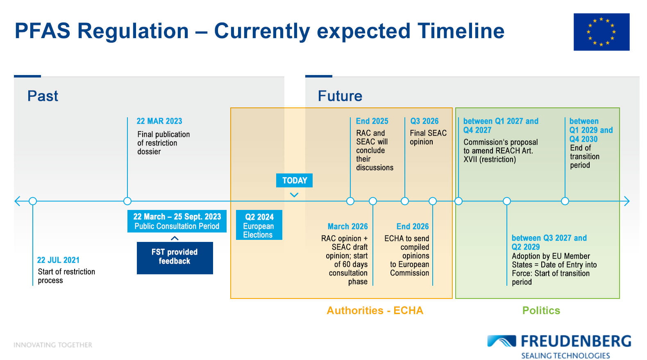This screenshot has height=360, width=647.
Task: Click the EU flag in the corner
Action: click(602, 32)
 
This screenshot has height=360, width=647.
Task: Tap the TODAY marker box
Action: click(294, 180)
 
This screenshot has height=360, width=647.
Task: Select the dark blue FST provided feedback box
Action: click(175, 258)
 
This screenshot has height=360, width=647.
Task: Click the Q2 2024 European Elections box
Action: click(259, 225)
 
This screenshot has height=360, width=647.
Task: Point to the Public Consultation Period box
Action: click(177, 221)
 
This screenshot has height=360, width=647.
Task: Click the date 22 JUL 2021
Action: click(58, 260)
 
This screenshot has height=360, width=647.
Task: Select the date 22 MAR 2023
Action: click(159, 121)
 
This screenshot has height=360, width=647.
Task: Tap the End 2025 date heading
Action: click(372, 121)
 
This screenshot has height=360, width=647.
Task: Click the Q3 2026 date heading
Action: click(425, 121)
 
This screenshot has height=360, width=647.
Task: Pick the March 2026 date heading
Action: click(347, 226)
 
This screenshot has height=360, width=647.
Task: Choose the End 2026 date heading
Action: click(413, 226)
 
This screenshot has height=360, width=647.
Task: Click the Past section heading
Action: click(43, 96)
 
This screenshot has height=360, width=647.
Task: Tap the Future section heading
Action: click(340, 96)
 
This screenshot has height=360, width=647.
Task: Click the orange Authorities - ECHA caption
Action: click(375, 310)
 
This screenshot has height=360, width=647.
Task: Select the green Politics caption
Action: click(541, 310)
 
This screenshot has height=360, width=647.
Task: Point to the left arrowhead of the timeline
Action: click(17, 201)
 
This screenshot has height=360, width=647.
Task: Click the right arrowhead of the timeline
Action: click(627, 201)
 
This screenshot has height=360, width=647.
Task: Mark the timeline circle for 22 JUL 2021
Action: click(33, 201)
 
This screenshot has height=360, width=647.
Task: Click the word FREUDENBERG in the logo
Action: click(576, 341)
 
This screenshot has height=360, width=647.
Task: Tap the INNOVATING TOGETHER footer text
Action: click(53, 345)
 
